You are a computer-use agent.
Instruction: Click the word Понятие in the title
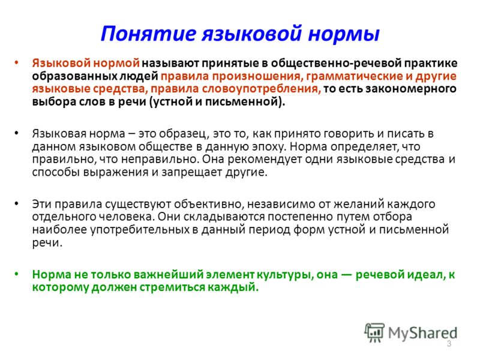[148, 34]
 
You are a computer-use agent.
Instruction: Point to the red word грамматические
[355, 76]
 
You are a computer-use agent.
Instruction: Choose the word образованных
[74, 76]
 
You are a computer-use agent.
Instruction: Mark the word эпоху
[269, 147]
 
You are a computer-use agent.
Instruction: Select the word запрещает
[192, 172]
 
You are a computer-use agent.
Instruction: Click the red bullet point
[16, 63]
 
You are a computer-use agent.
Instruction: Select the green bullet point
[16, 274]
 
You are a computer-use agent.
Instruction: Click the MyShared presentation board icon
[374, 332]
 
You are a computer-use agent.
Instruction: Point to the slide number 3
[449, 343]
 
